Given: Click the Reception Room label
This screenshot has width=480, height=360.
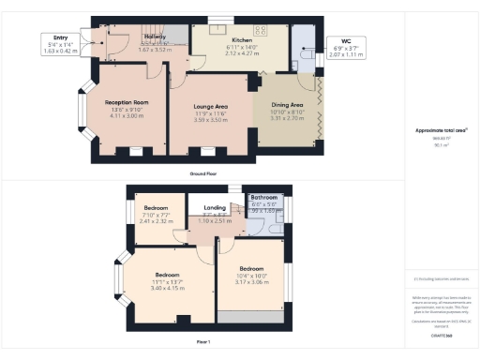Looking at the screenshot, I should [x=127, y=101].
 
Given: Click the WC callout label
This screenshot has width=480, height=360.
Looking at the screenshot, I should [x=346, y=41].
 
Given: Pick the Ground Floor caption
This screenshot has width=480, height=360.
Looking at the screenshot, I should [x=202, y=174].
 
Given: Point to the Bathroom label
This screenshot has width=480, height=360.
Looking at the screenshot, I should [x=264, y=198].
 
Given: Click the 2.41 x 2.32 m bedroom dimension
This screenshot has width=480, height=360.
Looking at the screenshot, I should [x=156, y=221].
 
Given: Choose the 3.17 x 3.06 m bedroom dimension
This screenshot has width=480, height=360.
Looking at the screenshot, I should [x=250, y=281].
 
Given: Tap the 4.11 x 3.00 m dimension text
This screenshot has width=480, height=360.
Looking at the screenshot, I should [x=127, y=114].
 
